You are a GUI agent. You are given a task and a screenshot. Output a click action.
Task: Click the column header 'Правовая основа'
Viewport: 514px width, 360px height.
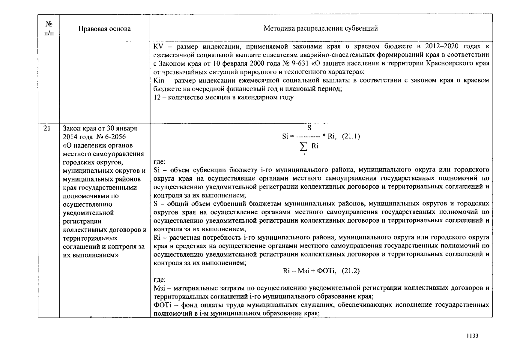104,29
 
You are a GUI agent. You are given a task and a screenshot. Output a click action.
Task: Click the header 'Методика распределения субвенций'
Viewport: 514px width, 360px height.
321,28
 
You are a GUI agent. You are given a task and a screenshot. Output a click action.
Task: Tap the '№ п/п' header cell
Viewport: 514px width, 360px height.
49,28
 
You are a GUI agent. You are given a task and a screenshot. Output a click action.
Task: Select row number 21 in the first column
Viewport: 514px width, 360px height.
47,128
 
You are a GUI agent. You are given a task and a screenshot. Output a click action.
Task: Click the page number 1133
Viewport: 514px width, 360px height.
472,336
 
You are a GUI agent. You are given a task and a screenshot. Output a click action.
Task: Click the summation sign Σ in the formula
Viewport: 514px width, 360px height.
303,147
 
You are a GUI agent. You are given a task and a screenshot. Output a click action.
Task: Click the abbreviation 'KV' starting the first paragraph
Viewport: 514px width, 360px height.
158,46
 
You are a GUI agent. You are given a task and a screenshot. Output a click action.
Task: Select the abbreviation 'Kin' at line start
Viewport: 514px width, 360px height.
159,80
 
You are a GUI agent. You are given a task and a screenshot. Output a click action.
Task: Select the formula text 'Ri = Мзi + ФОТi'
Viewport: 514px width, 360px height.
309,271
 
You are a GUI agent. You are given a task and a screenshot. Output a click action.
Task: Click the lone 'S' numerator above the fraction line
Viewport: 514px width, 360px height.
309,128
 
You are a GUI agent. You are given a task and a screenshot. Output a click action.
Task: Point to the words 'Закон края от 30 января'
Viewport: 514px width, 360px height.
100,128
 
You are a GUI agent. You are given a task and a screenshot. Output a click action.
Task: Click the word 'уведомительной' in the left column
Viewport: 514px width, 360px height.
88,213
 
